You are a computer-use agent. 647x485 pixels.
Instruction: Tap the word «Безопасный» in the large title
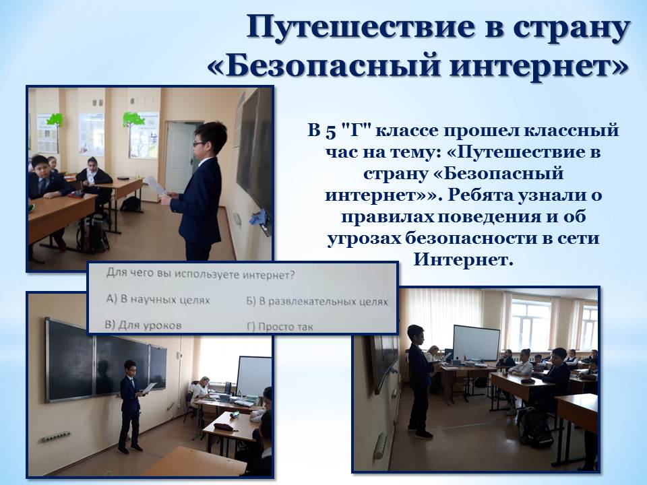pyautogui.click(x=326, y=66)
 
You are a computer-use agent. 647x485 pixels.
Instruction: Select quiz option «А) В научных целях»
pyautogui.click(x=158, y=300)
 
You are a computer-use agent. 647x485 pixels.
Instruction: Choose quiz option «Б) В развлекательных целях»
pyautogui.click(x=317, y=302)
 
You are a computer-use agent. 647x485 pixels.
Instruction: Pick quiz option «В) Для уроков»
pyautogui.click(x=143, y=325)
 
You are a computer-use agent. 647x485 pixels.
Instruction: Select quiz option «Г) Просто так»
pyautogui.click(x=280, y=327)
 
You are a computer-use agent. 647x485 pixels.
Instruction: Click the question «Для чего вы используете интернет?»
pyautogui.click(x=201, y=274)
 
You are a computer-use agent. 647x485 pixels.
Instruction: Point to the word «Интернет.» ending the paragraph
pyautogui.click(x=463, y=259)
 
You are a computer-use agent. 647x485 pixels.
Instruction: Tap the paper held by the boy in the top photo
pyautogui.click(x=155, y=186)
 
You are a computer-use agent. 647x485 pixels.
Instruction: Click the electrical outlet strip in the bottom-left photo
pyautogui.click(x=55, y=437)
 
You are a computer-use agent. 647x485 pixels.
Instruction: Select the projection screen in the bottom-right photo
pyautogui.click(x=476, y=343)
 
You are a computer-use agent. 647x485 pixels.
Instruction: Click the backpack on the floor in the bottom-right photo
pyautogui.click(x=536, y=428)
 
